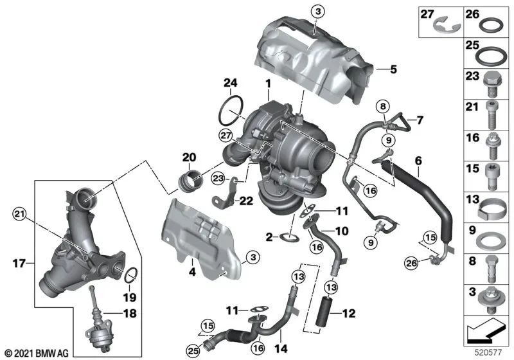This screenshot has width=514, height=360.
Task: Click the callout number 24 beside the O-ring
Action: pos(230,82)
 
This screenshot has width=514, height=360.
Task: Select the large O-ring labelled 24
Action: pos(229,112)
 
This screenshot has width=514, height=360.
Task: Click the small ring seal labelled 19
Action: pos(130,276)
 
